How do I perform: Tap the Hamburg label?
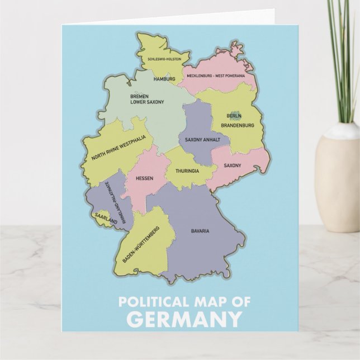[164, 79]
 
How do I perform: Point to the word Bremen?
[139, 97]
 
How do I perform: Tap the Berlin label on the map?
[234, 116]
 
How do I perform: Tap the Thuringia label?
[187, 170]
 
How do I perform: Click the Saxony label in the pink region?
[232, 165]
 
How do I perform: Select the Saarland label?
[106, 219]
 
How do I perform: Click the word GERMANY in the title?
[180, 320]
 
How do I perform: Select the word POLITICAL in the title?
[149, 303]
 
